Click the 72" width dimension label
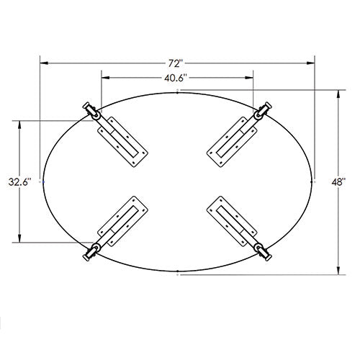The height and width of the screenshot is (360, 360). click(x=176, y=63)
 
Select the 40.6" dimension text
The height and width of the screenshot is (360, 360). click(x=176, y=78)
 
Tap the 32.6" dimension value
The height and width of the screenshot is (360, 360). click(x=20, y=181)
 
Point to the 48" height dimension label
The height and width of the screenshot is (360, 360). click(x=338, y=182)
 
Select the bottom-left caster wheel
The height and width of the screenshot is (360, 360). click(x=91, y=251)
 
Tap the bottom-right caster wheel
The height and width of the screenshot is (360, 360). click(x=263, y=251)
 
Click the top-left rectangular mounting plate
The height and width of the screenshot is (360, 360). click(x=122, y=142)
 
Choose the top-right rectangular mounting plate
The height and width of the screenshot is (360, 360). click(x=232, y=142)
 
